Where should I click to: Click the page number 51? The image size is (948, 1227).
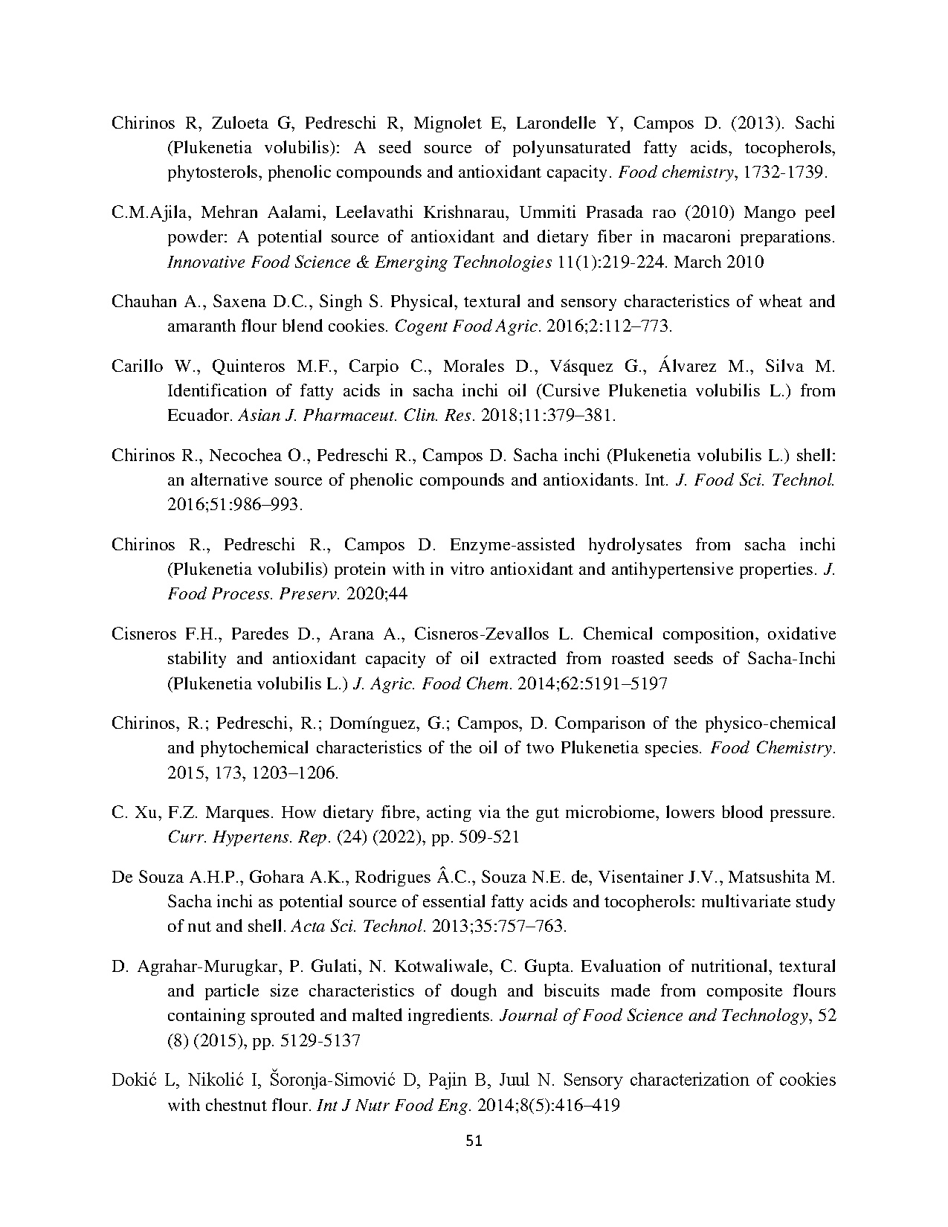click(474, 1141)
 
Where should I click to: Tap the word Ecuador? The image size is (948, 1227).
click(199, 415)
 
